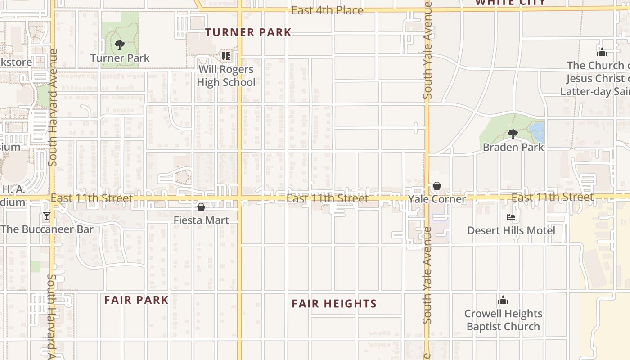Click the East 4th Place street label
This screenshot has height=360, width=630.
[327, 10]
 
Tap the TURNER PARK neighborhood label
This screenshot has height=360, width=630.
[248, 32]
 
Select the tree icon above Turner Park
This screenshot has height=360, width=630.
[119, 45]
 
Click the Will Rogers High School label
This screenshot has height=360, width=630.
[226, 76]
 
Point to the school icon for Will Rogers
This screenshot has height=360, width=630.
[226, 56]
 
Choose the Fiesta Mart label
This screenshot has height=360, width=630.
[201, 220]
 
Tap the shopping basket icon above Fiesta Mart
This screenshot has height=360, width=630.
[201, 207]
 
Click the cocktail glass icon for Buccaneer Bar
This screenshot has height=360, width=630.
[47, 216]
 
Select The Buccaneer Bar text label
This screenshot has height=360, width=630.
[47, 229]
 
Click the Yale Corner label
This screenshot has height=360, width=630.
[436, 199]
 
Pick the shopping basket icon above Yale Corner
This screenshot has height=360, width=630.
[436, 186]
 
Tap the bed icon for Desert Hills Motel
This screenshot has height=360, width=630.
[511, 217]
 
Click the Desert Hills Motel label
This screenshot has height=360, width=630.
[511, 230]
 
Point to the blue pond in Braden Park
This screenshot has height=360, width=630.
[537, 132]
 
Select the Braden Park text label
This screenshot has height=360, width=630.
[513, 147]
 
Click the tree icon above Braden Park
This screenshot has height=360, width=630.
[513, 134]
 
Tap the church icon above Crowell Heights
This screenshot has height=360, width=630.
[503, 300]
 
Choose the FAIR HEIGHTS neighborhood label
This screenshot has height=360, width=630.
[334, 304]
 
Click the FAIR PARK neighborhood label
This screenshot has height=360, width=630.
[136, 300]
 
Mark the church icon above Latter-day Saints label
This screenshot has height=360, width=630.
[602, 52]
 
